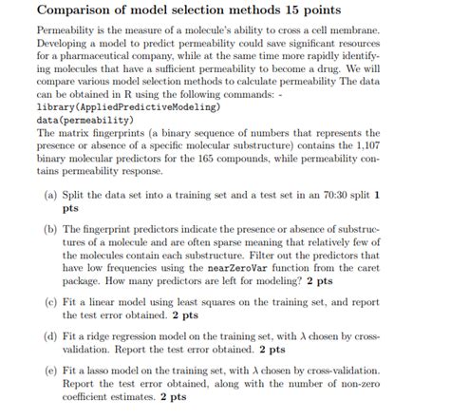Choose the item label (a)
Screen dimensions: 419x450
pyautogui.click(x=50, y=194)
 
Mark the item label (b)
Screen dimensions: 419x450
pyautogui.click(x=50, y=231)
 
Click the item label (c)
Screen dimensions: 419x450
pyautogui.click(x=50, y=301)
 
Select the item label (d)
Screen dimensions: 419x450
pyautogui.click(x=50, y=337)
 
